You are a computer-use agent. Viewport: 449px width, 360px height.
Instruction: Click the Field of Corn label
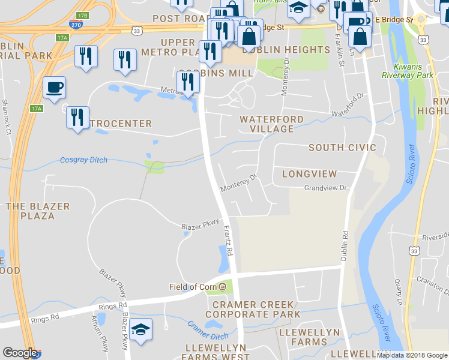tap(192, 287)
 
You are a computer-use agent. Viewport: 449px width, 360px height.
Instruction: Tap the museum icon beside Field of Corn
tap(223, 287)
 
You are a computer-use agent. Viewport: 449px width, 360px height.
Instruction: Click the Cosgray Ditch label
tap(85, 160)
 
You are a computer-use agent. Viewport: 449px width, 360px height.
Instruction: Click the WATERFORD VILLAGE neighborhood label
tap(267, 124)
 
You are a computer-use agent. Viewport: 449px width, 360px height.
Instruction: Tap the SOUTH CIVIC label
tap(342, 148)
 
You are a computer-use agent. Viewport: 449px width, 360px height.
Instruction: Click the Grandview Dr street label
tap(326, 188)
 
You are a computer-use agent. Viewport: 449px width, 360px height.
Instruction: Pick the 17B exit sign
tap(83, 15)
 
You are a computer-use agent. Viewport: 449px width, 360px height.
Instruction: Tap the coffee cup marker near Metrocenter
tap(54, 88)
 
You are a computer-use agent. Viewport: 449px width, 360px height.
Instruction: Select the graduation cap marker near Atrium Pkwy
tap(140, 329)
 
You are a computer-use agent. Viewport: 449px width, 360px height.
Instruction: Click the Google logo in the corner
tap(19, 353)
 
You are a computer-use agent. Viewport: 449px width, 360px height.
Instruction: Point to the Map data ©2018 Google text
tap(412, 355)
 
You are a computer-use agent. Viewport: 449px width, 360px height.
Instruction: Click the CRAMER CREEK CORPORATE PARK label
tap(252, 310)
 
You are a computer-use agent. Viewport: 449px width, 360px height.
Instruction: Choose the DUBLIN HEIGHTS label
tap(286, 50)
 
